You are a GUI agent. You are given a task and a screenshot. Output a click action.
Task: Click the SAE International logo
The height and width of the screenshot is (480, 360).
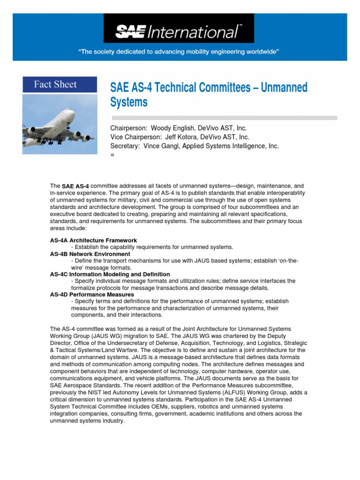coord(179,32)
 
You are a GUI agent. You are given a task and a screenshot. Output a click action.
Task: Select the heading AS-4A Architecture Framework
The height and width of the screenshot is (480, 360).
coord(93,240)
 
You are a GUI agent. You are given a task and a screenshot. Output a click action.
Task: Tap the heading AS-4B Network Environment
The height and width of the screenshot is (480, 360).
coord(90,254)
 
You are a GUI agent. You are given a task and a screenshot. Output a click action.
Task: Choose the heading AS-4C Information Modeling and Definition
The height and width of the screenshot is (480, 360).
coord(110,274)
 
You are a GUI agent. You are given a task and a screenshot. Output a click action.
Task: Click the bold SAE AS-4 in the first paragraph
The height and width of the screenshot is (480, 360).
coord(75,187)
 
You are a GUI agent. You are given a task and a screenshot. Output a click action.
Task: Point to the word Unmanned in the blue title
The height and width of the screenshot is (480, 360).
coord(284,87)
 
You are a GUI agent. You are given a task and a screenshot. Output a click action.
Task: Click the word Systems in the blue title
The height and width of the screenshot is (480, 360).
coord(128,102)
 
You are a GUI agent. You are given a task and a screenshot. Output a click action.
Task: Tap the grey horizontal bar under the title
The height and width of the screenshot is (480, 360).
coord(224,118)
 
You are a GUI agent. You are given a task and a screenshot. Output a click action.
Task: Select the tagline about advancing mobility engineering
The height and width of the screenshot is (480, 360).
coord(180,52)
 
